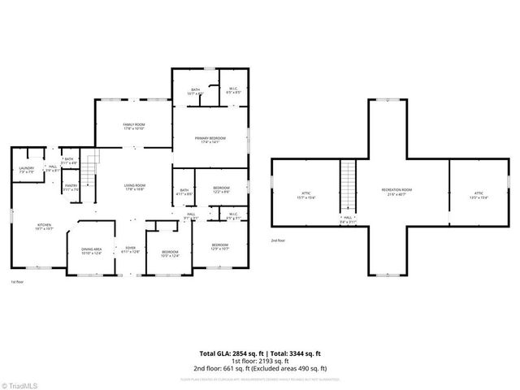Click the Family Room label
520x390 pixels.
133,126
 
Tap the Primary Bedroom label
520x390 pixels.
210,141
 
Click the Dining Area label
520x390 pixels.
91,251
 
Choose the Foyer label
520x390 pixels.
130,249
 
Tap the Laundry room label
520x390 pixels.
26,170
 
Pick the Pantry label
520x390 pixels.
71,188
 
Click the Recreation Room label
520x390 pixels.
396,192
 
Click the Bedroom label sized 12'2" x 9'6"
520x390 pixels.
222,190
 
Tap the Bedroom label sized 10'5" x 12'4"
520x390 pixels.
169,254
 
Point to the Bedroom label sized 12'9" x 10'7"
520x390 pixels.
220,246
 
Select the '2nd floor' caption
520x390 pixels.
279,240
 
